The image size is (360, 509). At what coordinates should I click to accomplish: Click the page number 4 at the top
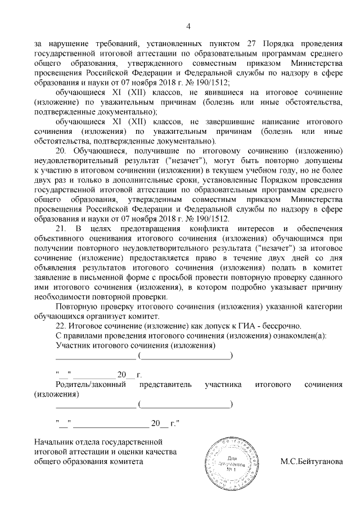(188, 26)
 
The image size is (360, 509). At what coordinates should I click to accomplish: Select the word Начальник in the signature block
(53, 442)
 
